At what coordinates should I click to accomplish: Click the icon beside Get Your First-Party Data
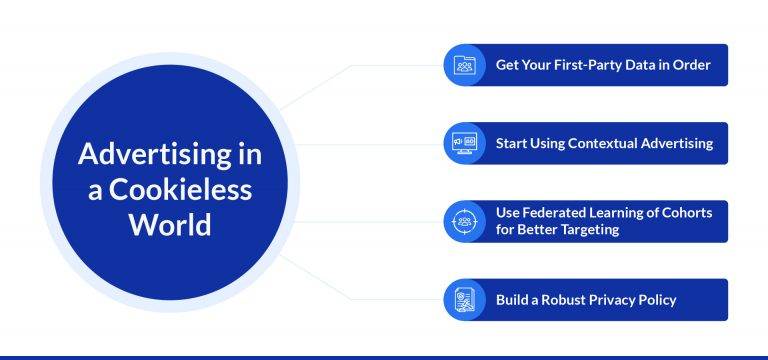click(464, 65)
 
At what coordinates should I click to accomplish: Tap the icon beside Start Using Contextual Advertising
click(464, 143)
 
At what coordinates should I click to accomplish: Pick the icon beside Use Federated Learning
click(464, 221)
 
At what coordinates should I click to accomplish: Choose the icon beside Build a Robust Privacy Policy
click(464, 299)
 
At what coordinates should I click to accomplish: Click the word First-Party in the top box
click(593, 65)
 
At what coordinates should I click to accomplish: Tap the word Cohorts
click(680, 213)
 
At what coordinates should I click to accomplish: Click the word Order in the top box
click(692, 65)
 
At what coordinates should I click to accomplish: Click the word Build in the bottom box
click(511, 299)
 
